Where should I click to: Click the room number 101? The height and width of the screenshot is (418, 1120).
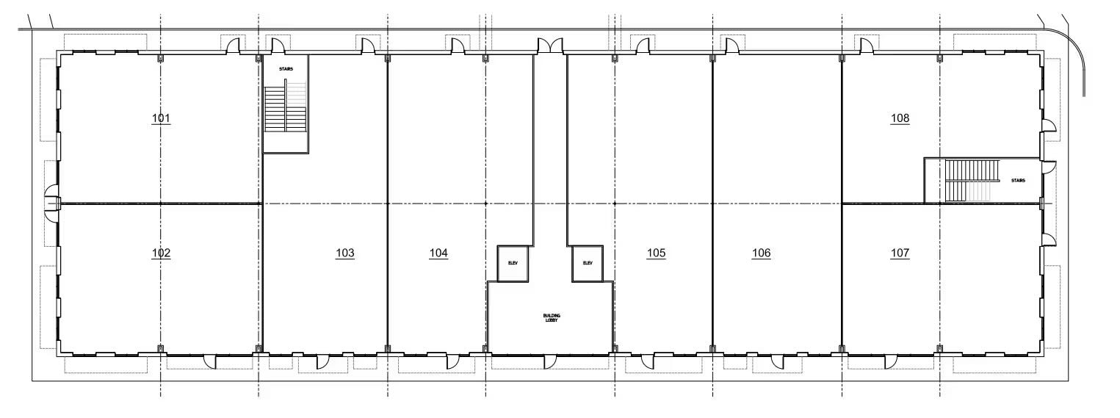point(161,118)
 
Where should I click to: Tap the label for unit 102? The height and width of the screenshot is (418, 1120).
point(161,253)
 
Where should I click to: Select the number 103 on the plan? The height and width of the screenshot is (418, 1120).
point(344,253)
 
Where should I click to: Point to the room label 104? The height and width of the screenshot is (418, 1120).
point(438,253)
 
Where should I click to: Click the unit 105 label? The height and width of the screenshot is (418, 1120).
point(656,253)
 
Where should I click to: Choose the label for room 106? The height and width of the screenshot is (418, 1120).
point(762,253)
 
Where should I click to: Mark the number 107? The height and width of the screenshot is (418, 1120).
point(900,253)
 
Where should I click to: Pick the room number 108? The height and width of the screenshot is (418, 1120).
point(900,118)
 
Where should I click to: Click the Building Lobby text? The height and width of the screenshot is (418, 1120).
point(552,318)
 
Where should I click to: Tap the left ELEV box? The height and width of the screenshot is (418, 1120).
point(513,263)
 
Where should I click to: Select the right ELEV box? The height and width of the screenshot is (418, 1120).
point(588,263)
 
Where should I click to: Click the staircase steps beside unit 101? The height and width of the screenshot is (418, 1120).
point(285,108)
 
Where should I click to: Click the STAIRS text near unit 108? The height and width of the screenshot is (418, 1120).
point(1018,180)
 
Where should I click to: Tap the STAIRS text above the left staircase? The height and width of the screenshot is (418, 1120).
point(286,70)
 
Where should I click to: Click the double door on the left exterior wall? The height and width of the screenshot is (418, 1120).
point(52,202)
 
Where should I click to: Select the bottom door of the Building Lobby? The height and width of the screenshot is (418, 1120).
point(549,361)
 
